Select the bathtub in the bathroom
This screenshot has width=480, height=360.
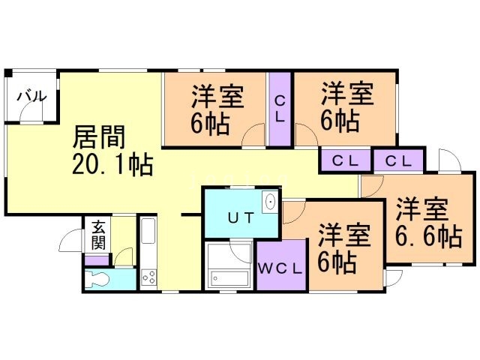pyautogui.click(x=229, y=265)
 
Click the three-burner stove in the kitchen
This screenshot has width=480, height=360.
pyautogui.click(x=148, y=278)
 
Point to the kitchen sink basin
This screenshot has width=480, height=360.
pyautogui.click(x=147, y=232)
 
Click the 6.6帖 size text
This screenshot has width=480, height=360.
pyautogui.click(x=427, y=235)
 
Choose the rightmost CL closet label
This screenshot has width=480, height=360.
pyautogui.click(x=400, y=160)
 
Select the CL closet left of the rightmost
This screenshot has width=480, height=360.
pyautogui.click(x=345, y=160)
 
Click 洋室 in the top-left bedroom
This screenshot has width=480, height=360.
pyautogui.click(x=216, y=96)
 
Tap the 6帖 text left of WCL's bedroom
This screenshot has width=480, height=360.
pyautogui.click(x=336, y=262)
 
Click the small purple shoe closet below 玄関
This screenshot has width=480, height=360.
pyautogui.click(x=96, y=259)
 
